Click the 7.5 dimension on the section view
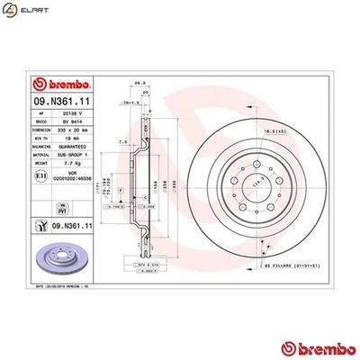[121, 140]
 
